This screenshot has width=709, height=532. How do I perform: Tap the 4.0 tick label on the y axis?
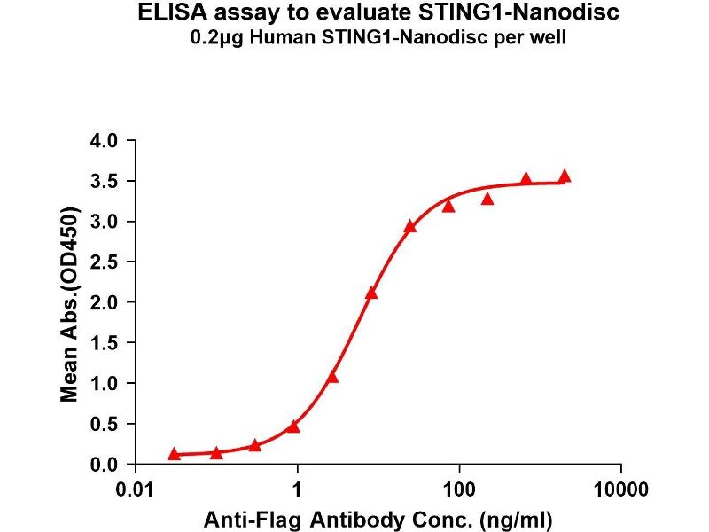tap(105, 141)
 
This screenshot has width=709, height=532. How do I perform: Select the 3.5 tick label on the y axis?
tap(105, 182)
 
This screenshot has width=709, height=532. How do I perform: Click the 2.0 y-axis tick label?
tap(105, 302)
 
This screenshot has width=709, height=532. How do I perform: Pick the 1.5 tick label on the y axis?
tap(105, 343)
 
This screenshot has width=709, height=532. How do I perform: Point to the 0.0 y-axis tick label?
tap(105, 465)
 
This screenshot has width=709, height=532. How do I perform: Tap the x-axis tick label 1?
tap(298, 489)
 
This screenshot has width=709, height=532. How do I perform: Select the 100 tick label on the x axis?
tap(459, 489)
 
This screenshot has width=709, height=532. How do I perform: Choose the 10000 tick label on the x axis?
tap(620, 489)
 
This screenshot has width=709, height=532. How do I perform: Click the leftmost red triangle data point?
tap(174, 454)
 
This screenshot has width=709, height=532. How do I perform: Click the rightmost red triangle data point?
tap(565, 176)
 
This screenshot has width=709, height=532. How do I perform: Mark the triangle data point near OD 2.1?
tap(371, 293)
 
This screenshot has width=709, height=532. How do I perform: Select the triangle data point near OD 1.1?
tap(332, 377)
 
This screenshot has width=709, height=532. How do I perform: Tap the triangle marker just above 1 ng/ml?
tap(293, 426)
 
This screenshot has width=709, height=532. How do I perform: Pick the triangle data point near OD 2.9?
tap(410, 226)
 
